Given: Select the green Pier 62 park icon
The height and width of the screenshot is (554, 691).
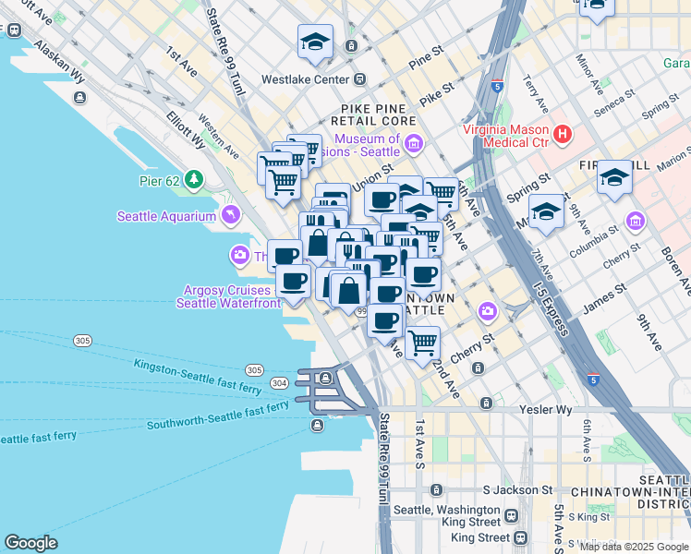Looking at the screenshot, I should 193,177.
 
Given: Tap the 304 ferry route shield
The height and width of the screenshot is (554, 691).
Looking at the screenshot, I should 278,381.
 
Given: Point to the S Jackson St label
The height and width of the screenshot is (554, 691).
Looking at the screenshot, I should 517,490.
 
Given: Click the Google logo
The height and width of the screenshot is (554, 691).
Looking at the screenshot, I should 30,543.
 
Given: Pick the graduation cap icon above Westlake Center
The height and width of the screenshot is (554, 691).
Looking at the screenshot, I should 315,42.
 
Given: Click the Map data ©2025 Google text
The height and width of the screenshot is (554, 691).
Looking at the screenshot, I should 634,547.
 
